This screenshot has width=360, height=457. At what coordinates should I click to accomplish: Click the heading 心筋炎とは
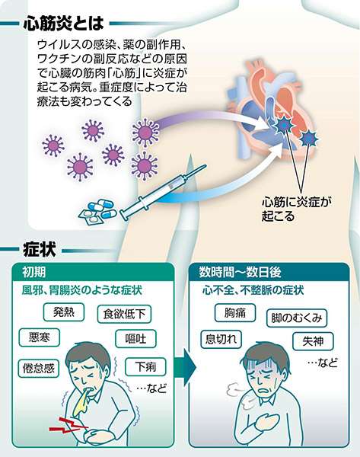pos(63,23)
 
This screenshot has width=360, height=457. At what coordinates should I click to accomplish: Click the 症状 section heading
pos(40,250)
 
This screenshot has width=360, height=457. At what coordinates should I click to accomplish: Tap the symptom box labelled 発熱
pos(64,312)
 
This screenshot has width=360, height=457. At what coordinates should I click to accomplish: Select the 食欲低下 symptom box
pos(124,314)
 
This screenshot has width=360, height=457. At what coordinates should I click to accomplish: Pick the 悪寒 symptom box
pos(40,337)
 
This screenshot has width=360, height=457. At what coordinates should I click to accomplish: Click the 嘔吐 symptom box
pos(135,339)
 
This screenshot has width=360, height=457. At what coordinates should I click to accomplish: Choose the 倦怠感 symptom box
pos(39,369)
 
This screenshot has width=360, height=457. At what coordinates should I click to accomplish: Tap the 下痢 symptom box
pos(145,366)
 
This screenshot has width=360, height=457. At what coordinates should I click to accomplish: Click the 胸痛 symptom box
pos(235,313)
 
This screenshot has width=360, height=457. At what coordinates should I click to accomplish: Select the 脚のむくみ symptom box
pos(297,318)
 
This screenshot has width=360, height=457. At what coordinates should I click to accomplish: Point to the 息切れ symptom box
pos(221,339)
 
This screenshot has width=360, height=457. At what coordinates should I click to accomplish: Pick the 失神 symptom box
pos(313,341)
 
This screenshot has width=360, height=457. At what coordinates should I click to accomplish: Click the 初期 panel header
pos(93,272)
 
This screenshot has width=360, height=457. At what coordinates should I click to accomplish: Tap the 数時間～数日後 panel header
pos(269,272)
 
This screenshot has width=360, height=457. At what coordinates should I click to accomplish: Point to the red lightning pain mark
pos(68,425)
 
